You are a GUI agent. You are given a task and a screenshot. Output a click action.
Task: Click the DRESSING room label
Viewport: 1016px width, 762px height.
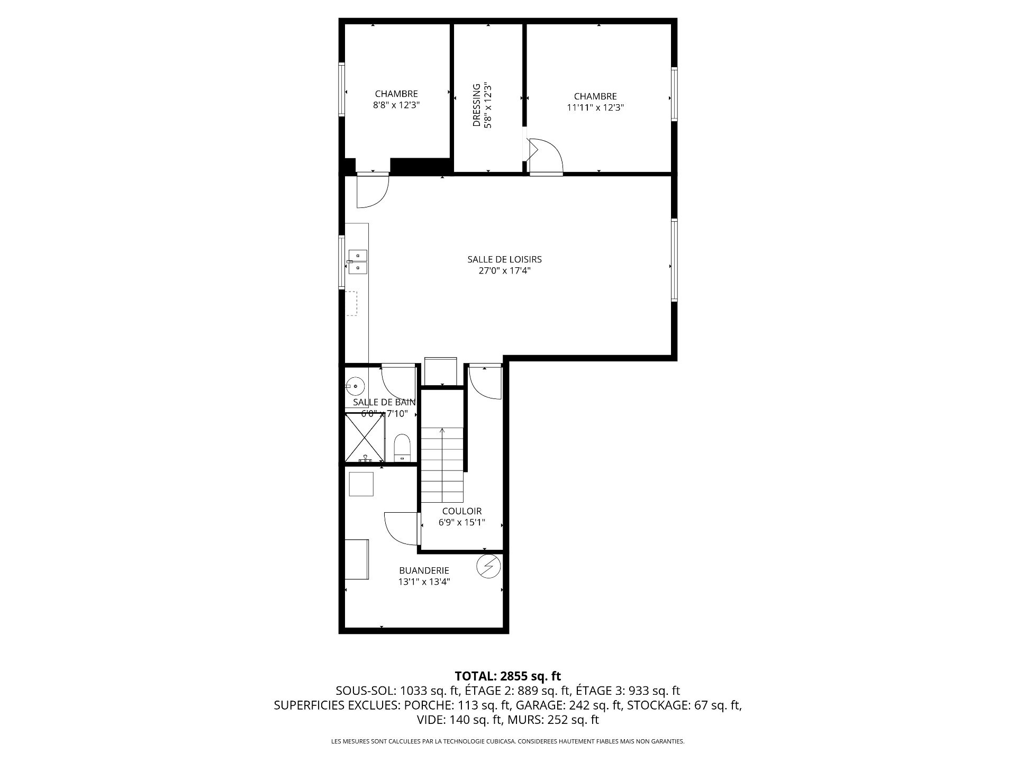point(476,105)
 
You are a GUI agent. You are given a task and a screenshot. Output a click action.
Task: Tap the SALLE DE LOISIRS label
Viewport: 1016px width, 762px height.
point(504,259)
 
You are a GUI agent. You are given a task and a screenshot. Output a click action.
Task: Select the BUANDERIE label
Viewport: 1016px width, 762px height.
point(424,570)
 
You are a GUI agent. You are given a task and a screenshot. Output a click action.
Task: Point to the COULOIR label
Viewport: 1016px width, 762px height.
point(462,511)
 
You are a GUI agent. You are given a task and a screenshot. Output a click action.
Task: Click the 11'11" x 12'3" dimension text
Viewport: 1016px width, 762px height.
point(595,107)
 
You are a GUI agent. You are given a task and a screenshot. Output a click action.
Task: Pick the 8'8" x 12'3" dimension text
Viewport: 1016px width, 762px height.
point(396,105)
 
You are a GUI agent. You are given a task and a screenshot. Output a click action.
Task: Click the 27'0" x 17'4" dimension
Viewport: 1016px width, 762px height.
point(504,271)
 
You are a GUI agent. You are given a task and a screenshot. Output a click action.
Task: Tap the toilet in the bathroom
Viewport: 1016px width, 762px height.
point(403,448)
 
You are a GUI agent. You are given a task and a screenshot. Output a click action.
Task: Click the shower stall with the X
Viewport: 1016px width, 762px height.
point(365,438)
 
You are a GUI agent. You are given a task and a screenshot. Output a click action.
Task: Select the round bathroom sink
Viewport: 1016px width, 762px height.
point(355,386)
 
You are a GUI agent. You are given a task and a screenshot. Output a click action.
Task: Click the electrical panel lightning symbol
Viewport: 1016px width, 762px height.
point(488,566)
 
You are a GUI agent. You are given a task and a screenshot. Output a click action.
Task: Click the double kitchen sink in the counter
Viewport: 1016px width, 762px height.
point(358,262)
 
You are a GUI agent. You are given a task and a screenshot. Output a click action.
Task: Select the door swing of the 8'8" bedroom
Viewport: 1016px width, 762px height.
point(373,190)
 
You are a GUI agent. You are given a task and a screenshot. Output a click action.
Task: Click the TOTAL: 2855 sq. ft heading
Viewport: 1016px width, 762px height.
point(508,676)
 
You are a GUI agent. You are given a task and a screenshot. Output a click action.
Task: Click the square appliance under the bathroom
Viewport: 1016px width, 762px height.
point(361,484)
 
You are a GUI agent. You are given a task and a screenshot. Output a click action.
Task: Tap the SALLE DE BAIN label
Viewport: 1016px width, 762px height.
point(384,402)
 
